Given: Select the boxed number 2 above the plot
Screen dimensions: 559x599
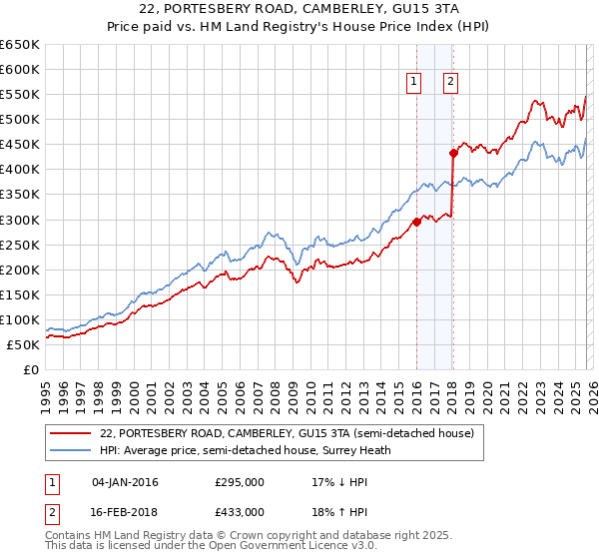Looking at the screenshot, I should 451,83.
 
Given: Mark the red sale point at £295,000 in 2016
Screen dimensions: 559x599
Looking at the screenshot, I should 416,223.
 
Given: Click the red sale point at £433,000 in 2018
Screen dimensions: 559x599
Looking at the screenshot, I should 453,153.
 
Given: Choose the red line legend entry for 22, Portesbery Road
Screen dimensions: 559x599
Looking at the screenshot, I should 293,433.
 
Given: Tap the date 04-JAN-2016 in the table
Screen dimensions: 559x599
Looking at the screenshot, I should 125,482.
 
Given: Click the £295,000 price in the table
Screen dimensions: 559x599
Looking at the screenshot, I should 240,482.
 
